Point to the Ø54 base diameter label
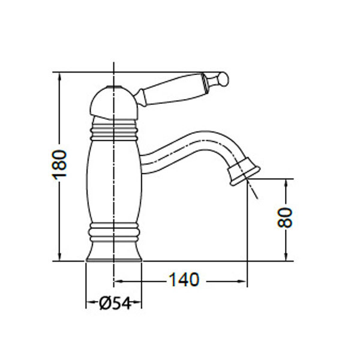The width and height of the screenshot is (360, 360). tap(114, 304)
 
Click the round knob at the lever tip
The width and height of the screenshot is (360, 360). tap(221, 78)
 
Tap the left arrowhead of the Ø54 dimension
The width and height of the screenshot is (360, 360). tap(89, 304)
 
